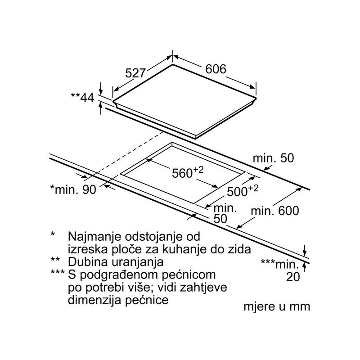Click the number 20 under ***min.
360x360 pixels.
(x=292, y=277)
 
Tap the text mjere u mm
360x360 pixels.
(x=277, y=307)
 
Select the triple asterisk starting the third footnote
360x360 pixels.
(x=57, y=273)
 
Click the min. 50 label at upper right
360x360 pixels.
(x=273, y=158)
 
